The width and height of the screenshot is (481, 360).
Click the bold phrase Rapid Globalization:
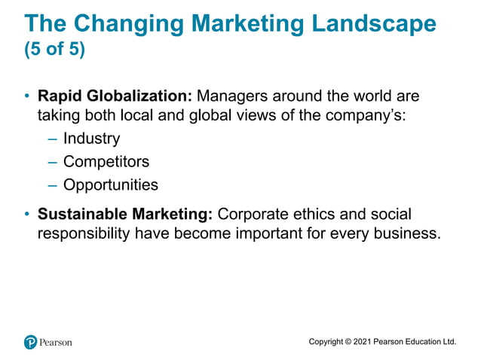click(x=115, y=98)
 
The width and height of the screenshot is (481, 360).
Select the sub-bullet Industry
click(x=91, y=139)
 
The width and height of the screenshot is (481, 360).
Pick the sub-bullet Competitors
click(x=106, y=162)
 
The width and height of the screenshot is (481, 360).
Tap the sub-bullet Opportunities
click(x=111, y=185)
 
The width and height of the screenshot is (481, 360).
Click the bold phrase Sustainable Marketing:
click(x=125, y=215)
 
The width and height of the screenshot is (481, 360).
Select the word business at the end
click(x=409, y=233)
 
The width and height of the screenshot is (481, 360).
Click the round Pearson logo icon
click(x=30, y=342)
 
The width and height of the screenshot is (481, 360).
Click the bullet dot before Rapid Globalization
click(x=27, y=98)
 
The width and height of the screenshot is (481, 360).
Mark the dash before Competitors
click(x=52, y=162)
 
